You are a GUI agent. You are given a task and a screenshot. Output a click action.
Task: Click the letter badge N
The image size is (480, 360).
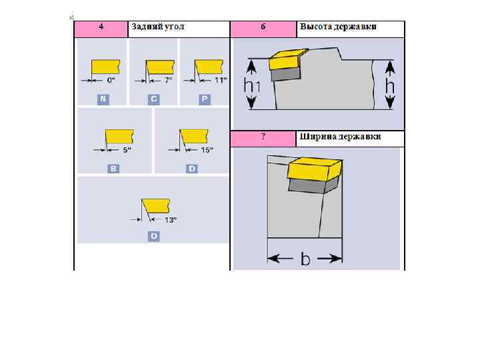103,99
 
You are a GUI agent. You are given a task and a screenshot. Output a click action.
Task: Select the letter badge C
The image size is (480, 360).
154,99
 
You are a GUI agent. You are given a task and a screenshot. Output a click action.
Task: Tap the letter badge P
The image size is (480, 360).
205,99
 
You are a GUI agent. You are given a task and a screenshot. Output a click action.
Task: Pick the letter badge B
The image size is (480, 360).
114,169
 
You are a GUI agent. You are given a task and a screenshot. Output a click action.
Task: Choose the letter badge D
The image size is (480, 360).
192,169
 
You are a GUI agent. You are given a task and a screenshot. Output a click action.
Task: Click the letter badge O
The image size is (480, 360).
154,236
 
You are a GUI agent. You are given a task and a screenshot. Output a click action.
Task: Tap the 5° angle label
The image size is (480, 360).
126,151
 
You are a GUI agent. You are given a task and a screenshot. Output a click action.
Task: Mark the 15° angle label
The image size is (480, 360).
207,151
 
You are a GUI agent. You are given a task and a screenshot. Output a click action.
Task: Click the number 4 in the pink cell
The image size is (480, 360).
101,27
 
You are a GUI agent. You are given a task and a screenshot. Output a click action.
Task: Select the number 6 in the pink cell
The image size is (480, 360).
263,27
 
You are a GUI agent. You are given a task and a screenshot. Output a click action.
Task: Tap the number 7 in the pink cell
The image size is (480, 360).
263,137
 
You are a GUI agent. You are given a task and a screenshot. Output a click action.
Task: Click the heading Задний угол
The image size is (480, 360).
158,27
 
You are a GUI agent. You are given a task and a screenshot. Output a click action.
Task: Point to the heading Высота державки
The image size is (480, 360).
338,27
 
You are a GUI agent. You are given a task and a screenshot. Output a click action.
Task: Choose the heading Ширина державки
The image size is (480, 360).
341,137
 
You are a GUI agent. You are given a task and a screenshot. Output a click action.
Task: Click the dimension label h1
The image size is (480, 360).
252,86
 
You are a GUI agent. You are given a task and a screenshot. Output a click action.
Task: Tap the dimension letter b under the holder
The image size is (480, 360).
305,259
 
